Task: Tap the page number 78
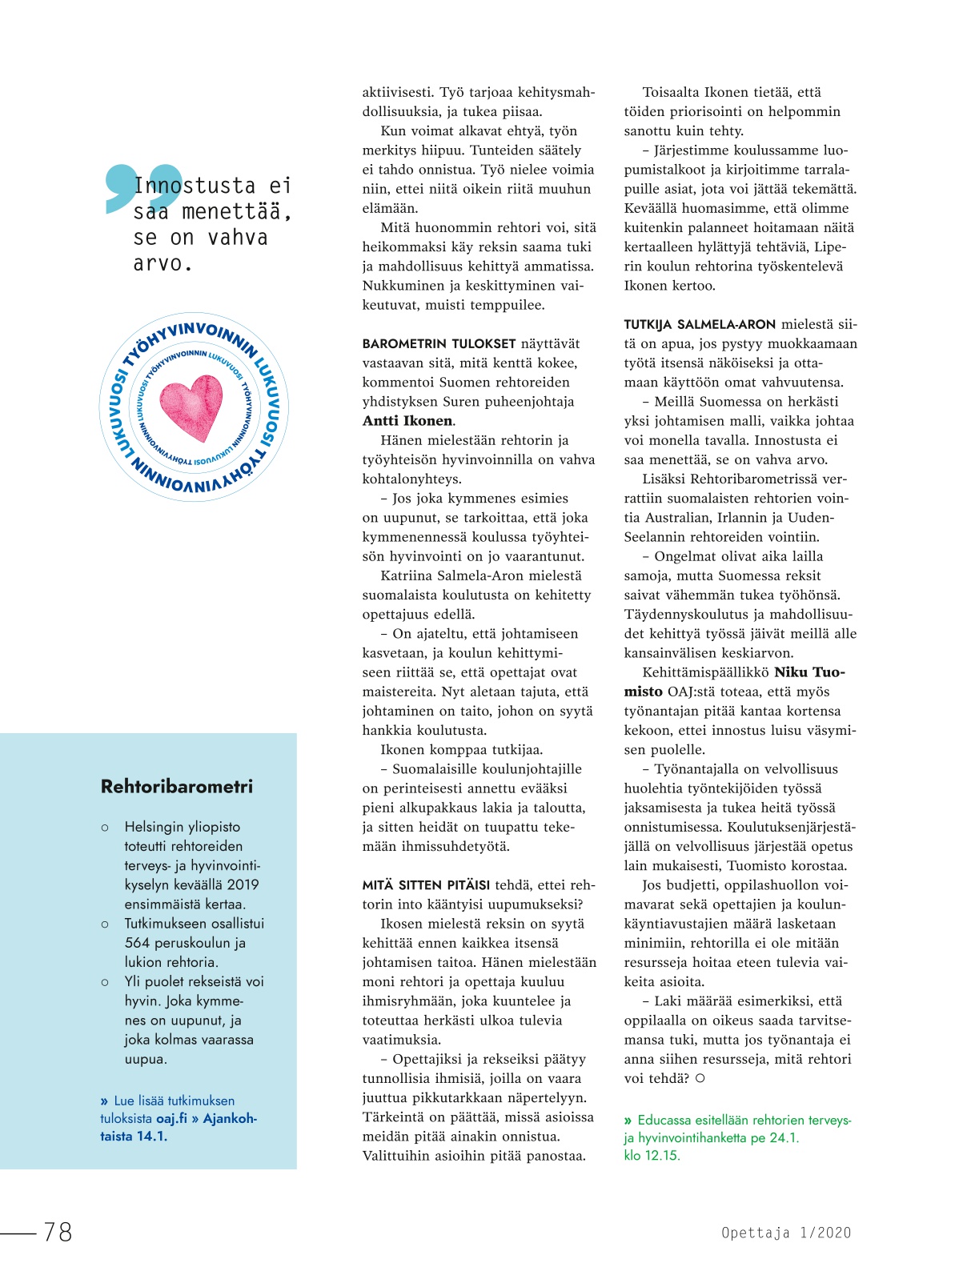pos(58,1232)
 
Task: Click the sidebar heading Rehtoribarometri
pos(177,787)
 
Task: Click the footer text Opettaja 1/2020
pos(786,1233)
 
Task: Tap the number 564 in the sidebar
pos(137,943)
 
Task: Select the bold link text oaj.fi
pos(172,1118)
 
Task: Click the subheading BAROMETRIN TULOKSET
pos(438,344)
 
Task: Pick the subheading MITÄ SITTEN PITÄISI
pos(426,885)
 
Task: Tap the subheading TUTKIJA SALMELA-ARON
pos(700,325)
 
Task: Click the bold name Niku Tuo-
pos(809,672)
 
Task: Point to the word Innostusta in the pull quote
pos(195,186)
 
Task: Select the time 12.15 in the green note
pos(661,1156)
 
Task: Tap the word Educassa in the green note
pos(664,1121)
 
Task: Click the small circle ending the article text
pos(700,1078)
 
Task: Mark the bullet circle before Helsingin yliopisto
pos(105,828)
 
